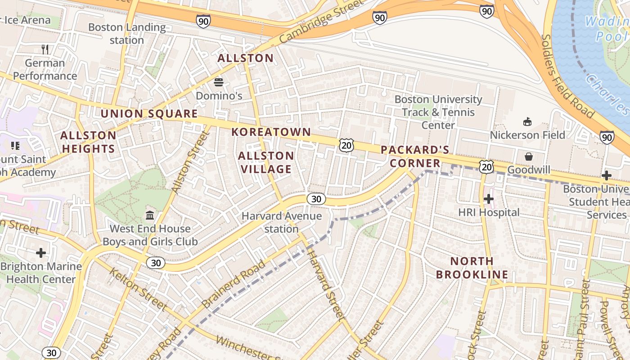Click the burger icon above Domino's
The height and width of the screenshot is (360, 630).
[219, 82]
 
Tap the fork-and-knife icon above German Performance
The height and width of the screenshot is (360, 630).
[45, 49]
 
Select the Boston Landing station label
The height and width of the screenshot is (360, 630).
[127, 34]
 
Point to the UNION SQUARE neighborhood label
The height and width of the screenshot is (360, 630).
[149, 114]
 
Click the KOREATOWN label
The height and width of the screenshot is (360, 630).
[271, 132]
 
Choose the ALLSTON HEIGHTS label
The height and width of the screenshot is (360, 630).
[88, 142]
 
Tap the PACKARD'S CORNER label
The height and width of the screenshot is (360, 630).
[415, 156]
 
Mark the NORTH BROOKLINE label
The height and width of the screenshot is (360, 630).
[472, 268]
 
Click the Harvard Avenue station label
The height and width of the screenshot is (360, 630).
[282, 222]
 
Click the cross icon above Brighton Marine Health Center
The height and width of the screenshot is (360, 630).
[41, 253]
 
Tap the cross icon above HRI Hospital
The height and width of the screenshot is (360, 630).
[489, 198]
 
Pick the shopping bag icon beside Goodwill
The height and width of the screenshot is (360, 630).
[529, 157]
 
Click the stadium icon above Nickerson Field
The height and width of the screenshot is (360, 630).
[527, 121]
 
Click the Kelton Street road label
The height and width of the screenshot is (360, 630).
[138, 289]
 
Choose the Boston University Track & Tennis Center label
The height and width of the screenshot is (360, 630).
[438, 112]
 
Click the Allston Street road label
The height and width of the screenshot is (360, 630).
[191, 162]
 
